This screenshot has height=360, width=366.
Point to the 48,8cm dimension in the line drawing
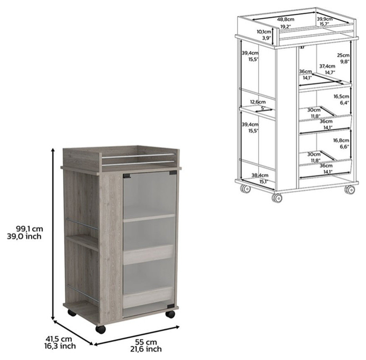285,19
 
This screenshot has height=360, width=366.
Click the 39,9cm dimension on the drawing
324,19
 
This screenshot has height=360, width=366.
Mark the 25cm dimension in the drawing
343,55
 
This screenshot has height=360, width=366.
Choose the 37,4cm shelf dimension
327,66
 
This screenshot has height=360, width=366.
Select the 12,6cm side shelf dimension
257,102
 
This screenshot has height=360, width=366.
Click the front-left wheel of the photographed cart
100,329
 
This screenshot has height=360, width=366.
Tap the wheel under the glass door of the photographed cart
170,314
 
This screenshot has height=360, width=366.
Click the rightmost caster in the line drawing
349,189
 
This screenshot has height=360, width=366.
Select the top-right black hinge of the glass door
173,173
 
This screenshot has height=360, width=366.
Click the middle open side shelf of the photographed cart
82,241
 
